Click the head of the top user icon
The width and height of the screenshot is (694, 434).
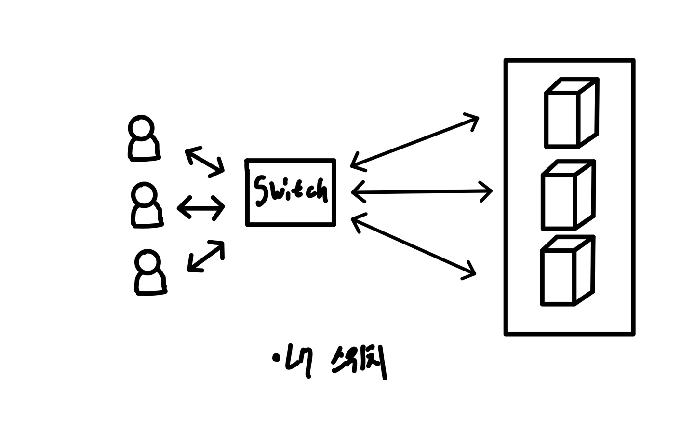[141, 128]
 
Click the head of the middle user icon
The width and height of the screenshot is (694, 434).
[144, 195]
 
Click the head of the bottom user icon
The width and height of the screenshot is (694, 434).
[147, 262]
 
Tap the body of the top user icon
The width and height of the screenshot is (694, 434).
[144, 150]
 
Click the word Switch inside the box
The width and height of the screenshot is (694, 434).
[291, 191]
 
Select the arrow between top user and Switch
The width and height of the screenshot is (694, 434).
[205, 162]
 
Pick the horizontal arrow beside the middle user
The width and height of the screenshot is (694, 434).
[201, 208]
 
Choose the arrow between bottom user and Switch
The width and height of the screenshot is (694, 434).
[206, 257]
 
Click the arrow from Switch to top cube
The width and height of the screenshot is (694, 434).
[414, 142]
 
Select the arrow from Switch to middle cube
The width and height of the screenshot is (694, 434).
[422, 192]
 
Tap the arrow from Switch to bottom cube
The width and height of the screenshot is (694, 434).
[414, 246]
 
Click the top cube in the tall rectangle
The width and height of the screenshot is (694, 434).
[571, 113]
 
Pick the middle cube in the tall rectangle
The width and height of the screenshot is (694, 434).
[567, 195]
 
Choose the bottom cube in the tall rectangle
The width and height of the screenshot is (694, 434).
[567, 271]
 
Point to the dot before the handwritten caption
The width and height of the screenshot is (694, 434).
[276, 357]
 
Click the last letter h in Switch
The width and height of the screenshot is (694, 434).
[320, 191]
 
